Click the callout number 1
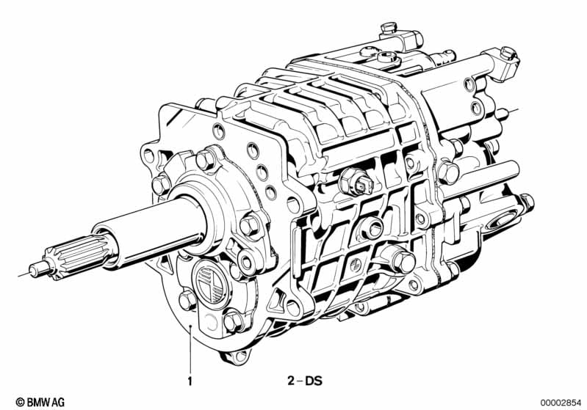[190, 381]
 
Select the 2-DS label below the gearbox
[305, 381]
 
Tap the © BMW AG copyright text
[40, 402]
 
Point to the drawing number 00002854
[560, 403]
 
